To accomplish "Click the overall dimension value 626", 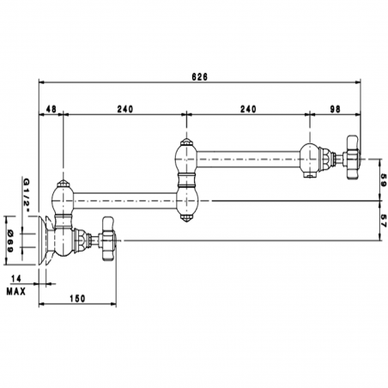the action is click(199, 77).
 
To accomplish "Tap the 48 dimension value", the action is click(51, 109).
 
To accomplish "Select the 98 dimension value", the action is click(336, 109).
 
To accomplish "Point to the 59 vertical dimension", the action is click(384, 180).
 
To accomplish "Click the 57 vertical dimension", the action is click(384, 221).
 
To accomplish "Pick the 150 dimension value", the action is click(77, 299).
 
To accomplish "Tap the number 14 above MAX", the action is click(16, 278).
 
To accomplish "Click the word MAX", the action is click(16, 292).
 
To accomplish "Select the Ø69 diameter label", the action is click(10, 241).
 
